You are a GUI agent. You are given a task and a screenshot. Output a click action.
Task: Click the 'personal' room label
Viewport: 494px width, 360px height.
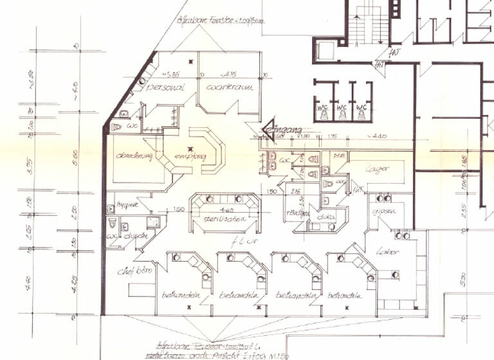coord(166,87)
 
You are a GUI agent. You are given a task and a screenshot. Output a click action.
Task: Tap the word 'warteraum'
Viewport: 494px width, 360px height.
coord(228,86)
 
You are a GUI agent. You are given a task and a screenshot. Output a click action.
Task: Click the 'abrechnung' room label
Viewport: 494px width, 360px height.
coord(134,156)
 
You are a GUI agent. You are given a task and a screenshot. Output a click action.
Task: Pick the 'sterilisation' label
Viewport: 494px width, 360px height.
coord(225,220)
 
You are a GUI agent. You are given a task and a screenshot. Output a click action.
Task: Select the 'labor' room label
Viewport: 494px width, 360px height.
coord(389,251)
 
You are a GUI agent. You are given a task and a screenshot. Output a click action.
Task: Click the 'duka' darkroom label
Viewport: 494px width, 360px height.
coord(325,217)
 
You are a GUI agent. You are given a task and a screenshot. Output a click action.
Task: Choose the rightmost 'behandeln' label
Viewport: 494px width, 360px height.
coord(345,296)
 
